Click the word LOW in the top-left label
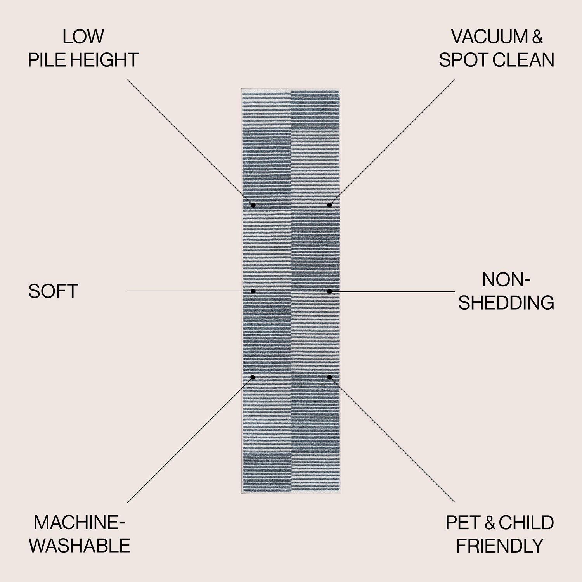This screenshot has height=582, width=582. pos(83,37)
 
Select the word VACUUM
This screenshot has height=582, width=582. pos(490,37)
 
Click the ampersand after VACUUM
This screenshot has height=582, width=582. pos(537,37)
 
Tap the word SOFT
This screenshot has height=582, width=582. pos(53,291)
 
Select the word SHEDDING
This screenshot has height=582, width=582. pos(506,303)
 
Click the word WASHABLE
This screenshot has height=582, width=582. pos(80,546)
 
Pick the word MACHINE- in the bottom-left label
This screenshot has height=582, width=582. pos(80,523)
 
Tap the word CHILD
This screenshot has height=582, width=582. pos(526,523)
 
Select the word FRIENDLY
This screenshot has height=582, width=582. pos(499,546)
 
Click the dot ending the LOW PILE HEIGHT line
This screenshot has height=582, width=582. pos(253,205)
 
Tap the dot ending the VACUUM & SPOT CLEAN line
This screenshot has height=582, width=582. pos(329,205)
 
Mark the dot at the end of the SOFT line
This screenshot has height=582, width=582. pos(253,291)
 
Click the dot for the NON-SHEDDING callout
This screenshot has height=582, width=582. pos(329,291)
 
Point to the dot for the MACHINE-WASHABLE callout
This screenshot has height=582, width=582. pos(253,377)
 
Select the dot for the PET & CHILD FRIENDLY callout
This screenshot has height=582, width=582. pos(329,377)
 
